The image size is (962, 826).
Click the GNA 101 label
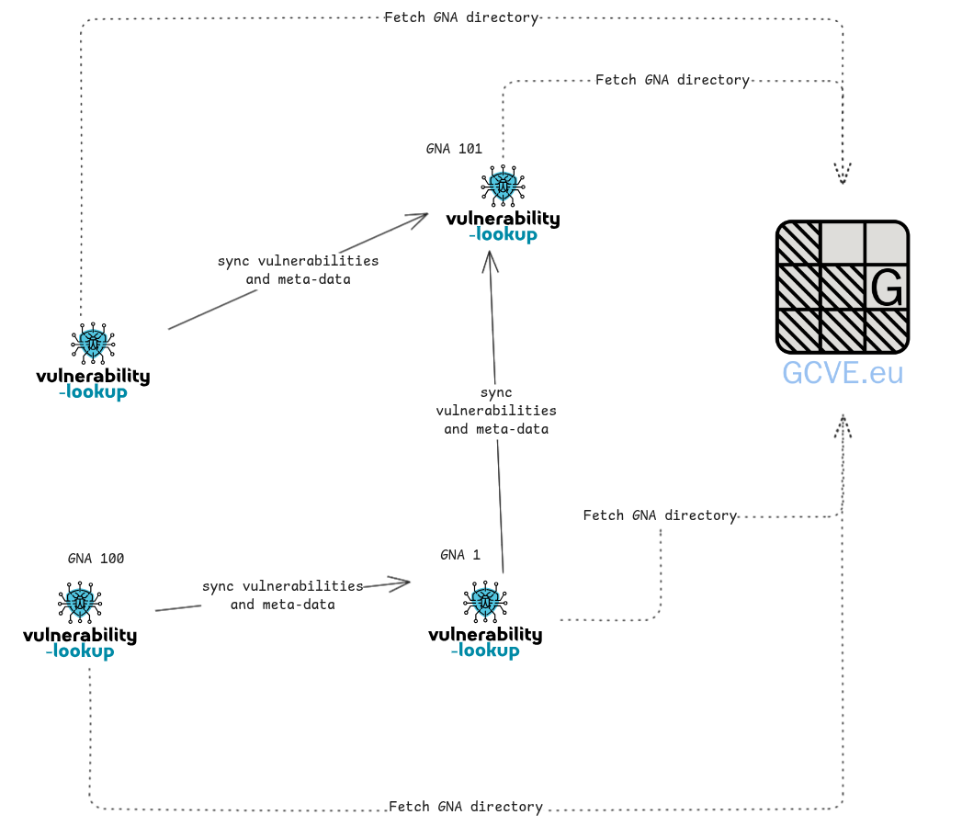454,149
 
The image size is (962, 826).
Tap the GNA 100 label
96,559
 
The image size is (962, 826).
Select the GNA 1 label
460,555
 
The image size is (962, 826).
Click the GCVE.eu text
843,372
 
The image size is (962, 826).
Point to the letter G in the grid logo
887,288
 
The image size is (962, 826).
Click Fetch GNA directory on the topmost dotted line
460,17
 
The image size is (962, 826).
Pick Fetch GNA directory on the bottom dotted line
465,807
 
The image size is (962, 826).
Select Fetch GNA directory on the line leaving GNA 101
672,80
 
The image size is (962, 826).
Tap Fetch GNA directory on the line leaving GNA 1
660,515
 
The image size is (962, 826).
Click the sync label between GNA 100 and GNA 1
282,595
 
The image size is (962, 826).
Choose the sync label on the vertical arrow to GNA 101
496,411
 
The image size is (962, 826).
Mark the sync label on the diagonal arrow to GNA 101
298,270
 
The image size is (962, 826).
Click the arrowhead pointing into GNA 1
402,582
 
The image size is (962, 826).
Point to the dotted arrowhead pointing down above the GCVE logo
843,175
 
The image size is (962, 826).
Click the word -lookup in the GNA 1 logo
485,651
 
